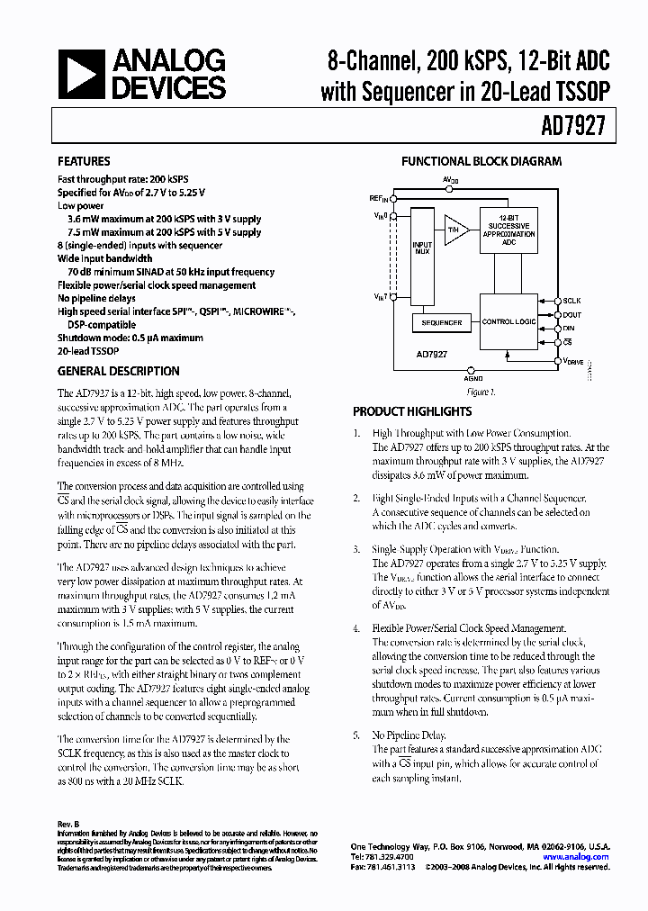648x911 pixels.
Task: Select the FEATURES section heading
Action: click(85, 162)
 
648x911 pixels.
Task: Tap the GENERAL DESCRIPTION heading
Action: click(118, 371)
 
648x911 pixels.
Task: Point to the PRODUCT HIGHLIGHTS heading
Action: click(411, 411)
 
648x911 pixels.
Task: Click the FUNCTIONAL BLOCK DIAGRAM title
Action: click(481, 162)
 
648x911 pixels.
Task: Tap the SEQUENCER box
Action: click(442, 321)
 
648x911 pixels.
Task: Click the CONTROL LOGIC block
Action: click(509, 321)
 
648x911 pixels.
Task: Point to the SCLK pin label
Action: click(571, 302)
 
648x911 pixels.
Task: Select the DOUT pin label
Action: click(571, 315)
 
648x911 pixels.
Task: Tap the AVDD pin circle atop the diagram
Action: click(449, 189)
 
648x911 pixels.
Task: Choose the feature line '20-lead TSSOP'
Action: click(91, 350)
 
